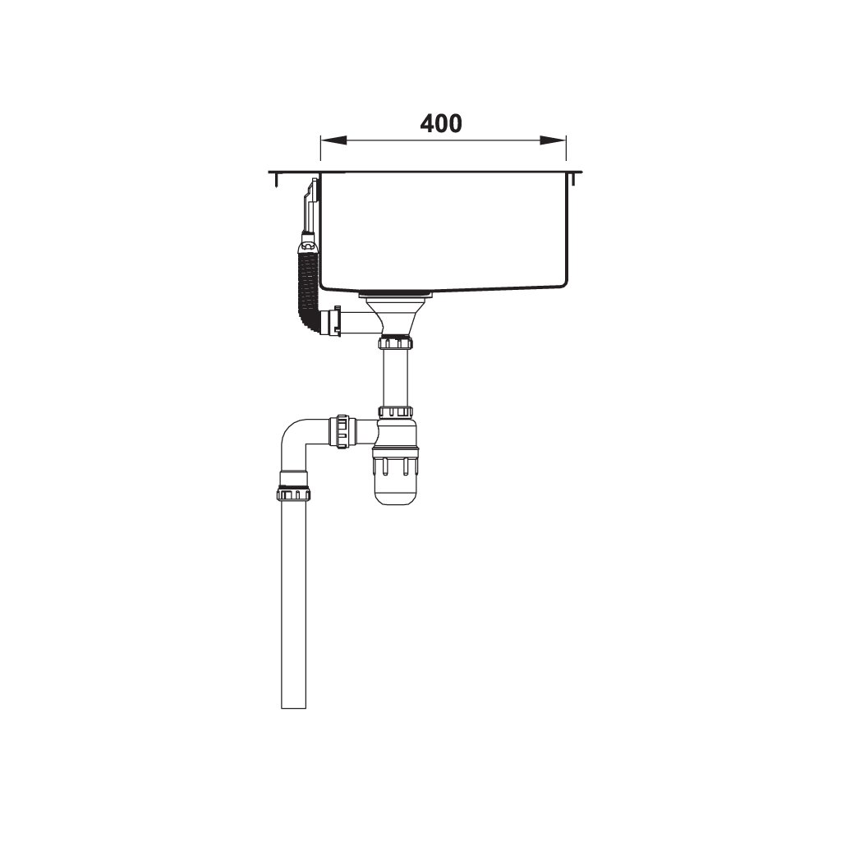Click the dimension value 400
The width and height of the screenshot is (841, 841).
pyautogui.click(x=441, y=123)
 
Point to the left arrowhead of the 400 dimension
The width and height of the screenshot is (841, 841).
pyautogui.click(x=326, y=140)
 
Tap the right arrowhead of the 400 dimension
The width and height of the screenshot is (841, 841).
pyautogui.click(x=560, y=140)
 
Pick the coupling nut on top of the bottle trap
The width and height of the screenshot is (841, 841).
pyautogui.click(x=396, y=411)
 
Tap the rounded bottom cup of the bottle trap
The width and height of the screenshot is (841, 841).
pyautogui.click(x=396, y=489)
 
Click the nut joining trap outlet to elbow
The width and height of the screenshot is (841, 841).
pyautogui.click(x=343, y=431)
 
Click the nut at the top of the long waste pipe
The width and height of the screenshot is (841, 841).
pyautogui.click(x=293, y=493)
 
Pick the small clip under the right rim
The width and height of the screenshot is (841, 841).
pyautogui.click(x=572, y=179)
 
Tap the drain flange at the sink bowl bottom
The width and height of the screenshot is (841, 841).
pyautogui.click(x=396, y=292)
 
